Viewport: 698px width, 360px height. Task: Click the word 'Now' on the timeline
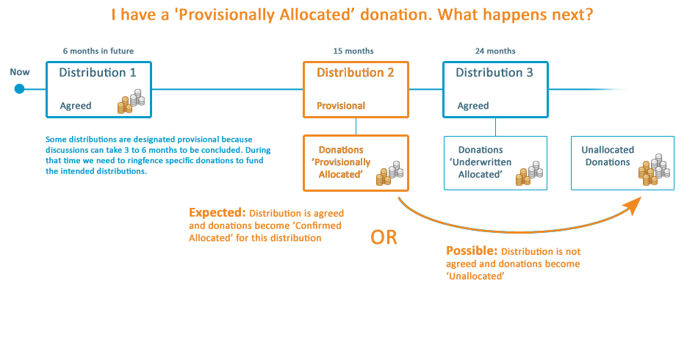[x=20, y=72]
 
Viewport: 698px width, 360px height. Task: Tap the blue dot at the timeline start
[x=20, y=89]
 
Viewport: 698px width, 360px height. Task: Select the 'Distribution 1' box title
[x=98, y=73]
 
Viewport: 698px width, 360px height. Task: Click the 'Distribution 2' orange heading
[x=356, y=73]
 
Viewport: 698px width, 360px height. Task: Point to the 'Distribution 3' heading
[x=494, y=73]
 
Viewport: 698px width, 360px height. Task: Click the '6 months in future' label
[x=98, y=51]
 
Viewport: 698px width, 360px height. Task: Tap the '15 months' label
[x=353, y=51]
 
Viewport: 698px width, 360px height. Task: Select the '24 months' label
[x=495, y=51]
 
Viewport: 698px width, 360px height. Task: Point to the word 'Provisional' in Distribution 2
[x=341, y=106]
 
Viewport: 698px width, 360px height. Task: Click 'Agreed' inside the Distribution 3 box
[x=473, y=106]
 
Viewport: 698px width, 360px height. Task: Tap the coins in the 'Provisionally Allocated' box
[x=390, y=174]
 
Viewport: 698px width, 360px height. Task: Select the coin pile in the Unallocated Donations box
[x=653, y=168]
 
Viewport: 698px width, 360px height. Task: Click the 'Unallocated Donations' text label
[x=608, y=156]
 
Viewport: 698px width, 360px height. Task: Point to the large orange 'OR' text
[x=384, y=238]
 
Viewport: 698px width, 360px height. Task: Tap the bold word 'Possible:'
[x=471, y=250]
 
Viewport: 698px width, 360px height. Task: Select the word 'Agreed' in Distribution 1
[x=76, y=106]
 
